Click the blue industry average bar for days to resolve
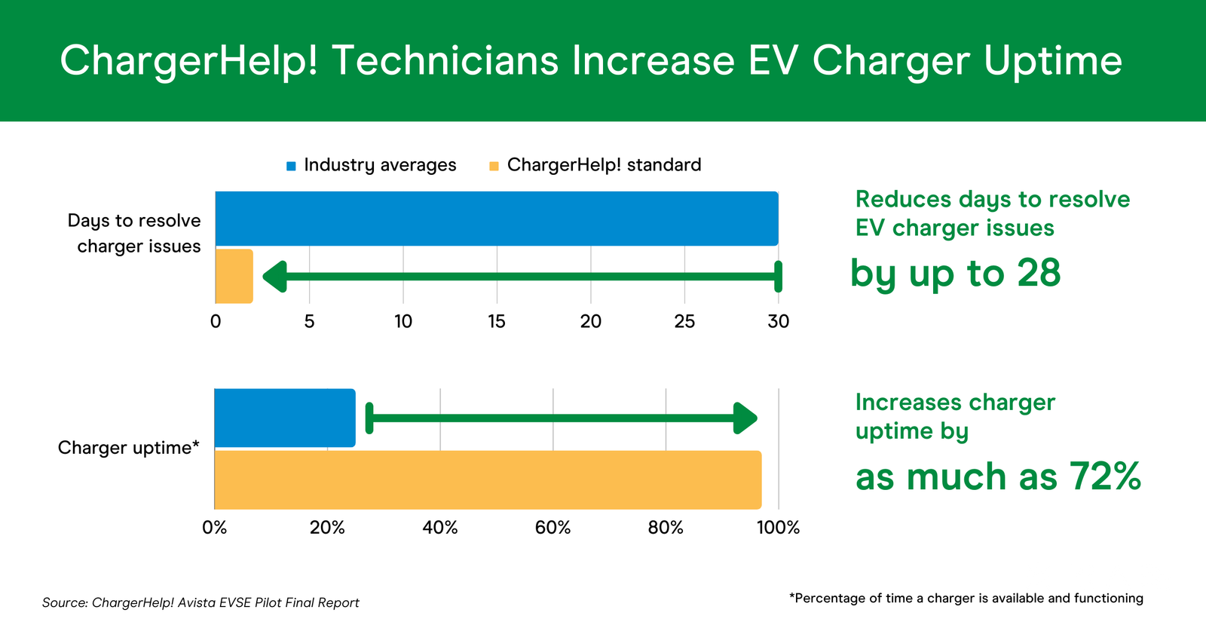pos(497,219)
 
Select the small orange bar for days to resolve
pos(234,276)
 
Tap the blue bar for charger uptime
pos(285,418)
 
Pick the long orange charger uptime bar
pos(488,479)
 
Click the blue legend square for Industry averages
pos(291,167)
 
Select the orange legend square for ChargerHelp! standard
pos(494,167)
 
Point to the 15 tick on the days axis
pos(497,321)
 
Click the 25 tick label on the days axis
pos(684,321)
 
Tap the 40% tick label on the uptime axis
pos(440,528)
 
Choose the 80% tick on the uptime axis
pos(666,528)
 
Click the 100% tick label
pos(778,528)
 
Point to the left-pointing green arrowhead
pos(274,277)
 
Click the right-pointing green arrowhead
pos(745,418)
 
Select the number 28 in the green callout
pos(1039,273)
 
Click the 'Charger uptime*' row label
pos(128,448)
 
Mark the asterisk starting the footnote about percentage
pos(792,596)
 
